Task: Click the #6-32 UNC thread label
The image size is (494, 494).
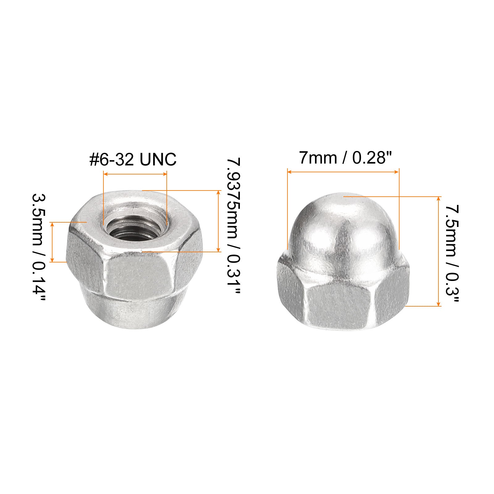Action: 133,160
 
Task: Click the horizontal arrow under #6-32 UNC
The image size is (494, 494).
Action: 135,174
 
